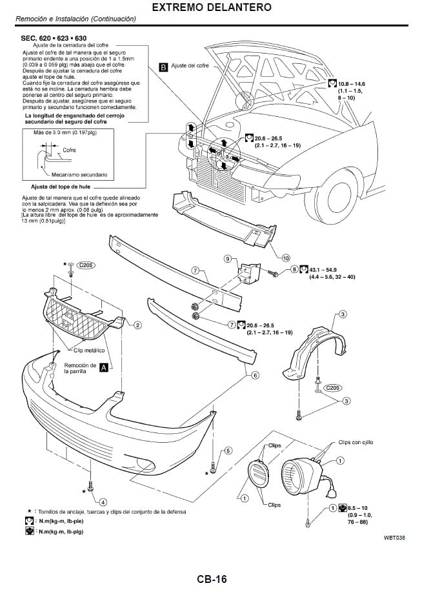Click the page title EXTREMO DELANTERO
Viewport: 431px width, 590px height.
(215, 8)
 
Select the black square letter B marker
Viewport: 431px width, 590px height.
(164, 66)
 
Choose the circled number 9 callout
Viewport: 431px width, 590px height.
(227, 259)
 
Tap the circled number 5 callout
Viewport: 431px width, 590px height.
(228, 451)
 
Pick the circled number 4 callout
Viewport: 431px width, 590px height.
(103, 502)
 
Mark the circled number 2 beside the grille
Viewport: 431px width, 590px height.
(137, 325)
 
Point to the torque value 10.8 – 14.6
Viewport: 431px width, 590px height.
(352, 84)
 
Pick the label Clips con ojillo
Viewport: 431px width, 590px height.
(356, 442)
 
